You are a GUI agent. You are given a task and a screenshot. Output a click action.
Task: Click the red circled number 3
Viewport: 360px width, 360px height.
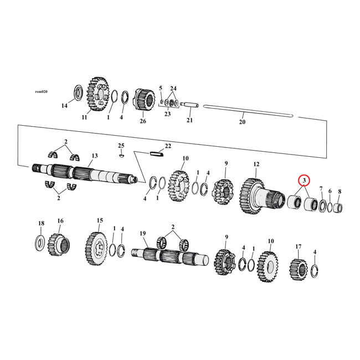tap(304, 181)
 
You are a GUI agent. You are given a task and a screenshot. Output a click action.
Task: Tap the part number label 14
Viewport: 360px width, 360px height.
tap(64, 106)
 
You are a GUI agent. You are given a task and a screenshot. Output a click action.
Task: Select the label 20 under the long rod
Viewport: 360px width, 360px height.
tap(241, 122)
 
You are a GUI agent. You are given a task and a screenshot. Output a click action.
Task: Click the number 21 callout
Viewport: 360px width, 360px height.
tap(189, 120)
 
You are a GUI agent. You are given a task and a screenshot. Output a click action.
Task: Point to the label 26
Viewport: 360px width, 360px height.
tap(142, 121)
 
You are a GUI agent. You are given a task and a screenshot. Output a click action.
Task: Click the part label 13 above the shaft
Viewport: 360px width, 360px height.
tap(95, 156)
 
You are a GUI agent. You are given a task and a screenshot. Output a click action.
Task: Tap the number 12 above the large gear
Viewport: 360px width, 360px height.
tap(256, 164)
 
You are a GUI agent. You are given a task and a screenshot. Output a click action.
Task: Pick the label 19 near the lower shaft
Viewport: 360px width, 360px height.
tap(143, 234)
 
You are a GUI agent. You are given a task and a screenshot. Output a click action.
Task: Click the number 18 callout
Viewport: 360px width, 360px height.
tap(40, 223)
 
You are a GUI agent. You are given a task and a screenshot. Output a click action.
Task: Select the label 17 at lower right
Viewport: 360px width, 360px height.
tap(298, 246)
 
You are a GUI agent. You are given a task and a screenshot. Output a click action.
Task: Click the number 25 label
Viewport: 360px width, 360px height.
tap(121, 146)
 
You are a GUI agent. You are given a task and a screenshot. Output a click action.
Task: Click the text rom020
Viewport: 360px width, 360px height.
tap(41, 91)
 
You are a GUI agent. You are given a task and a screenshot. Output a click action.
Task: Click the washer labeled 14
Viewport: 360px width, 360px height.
tap(78, 91)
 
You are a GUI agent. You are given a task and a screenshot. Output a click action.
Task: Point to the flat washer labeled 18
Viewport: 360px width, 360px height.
tap(40, 241)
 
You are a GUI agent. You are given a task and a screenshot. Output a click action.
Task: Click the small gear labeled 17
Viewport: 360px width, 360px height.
tap(297, 269)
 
